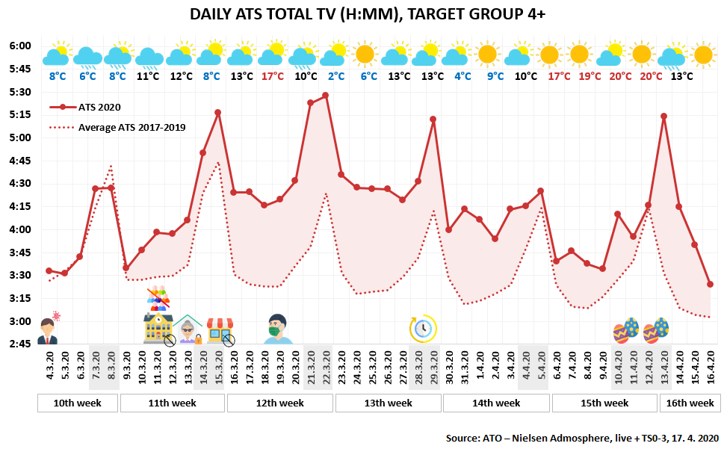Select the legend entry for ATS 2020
click(85, 107)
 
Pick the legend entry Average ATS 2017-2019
click(117, 128)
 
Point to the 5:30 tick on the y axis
click(20, 92)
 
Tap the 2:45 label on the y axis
click(20, 344)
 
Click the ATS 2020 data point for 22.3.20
click(326, 96)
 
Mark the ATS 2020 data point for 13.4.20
click(664, 117)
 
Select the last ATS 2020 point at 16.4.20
click(711, 284)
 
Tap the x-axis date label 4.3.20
click(50, 365)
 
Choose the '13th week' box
click(388, 403)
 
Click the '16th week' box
click(690, 403)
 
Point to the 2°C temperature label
click(337, 76)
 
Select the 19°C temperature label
click(590, 76)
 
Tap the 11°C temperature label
click(148, 76)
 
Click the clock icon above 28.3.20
click(423, 329)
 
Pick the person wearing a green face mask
click(278, 329)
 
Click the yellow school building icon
click(158, 328)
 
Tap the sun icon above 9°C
click(488, 55)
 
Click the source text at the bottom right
click(582, 438)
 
